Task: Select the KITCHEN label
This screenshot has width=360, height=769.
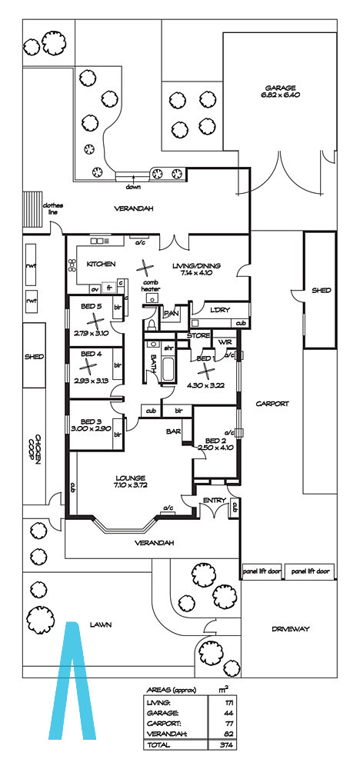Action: click(101, 264)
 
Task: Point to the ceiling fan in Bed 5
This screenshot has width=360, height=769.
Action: click(94, 321)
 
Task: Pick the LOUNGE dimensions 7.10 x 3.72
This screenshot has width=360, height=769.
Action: click(131, 485)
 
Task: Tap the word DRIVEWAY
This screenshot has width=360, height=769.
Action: click(290, 629)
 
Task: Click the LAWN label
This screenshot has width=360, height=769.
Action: click(101, 624)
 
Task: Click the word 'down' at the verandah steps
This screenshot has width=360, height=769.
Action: click(133, 187)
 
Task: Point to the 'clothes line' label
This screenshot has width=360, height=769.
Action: click(53, 208)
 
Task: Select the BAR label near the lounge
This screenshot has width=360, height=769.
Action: click(172, 431)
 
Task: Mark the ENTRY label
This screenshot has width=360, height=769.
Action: click(215, 501)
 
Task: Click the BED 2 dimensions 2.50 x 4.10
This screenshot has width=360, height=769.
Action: click(215, 448)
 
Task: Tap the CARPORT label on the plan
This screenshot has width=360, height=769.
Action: click(272, 404)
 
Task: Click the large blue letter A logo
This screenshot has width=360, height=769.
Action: click(72, 681)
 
